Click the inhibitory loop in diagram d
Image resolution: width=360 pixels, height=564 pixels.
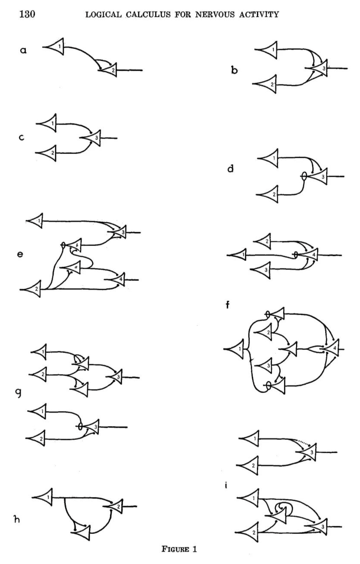pyautogui.click(x=303, y=176)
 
